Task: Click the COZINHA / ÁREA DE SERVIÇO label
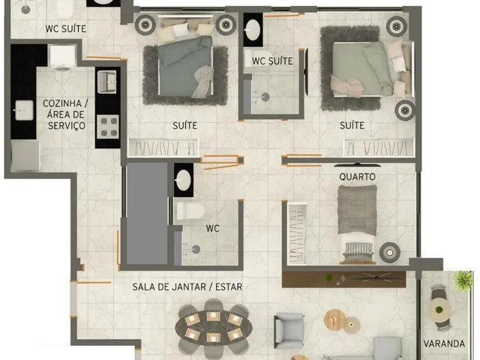[65, 114]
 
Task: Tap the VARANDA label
[444, 343]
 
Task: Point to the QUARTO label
[357, 177]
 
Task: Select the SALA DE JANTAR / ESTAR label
[187, 286]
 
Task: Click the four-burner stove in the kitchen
[108, 127]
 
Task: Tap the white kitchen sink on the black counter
[24, 110]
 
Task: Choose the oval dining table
[214, 328]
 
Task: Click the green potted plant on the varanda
[463, 280]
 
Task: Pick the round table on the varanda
[439, 310]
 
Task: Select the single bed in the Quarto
[357, 223]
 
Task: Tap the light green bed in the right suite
[372, 69]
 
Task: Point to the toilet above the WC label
[190, 211]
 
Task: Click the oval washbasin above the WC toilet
[184, 180]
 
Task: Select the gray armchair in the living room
[289, 331]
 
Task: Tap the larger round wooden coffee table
[334, 320]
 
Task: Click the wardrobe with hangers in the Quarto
[297, 234]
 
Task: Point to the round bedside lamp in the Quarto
[390, 253]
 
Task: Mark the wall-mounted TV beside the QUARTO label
[357, 165]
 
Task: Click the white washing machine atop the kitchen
[62, 56]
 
